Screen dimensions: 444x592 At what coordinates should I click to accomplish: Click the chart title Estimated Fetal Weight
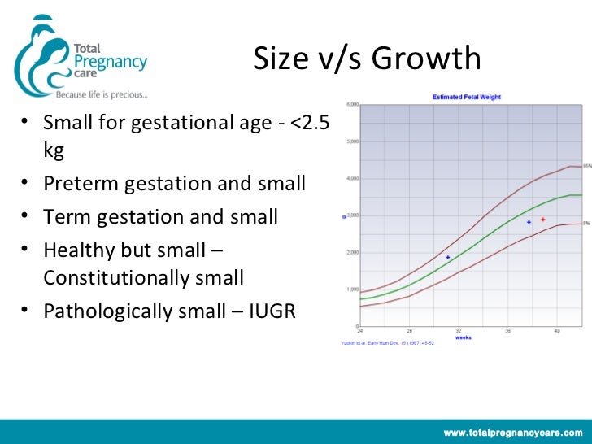coord(466,98)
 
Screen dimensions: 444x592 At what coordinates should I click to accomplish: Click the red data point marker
coord(542,220)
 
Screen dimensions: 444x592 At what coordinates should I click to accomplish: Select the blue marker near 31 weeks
coord(447,257)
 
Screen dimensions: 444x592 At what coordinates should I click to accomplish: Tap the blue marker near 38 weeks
coord(529,222)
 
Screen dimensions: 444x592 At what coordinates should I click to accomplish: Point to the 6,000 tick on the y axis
coord(354,105)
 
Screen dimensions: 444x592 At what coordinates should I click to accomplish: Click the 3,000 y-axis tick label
coord(354,215)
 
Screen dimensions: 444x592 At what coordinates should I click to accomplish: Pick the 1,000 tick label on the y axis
coord(354,289)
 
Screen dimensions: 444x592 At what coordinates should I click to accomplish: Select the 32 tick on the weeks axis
coord(459,331)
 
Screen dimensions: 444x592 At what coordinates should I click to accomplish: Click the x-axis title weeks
coord(463,337)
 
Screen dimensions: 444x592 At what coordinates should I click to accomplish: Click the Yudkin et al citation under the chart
coord(381,343)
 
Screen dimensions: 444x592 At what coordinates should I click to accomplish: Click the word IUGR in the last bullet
coord(269,311)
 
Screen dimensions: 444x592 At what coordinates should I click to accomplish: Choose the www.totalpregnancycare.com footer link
coord(512,431)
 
